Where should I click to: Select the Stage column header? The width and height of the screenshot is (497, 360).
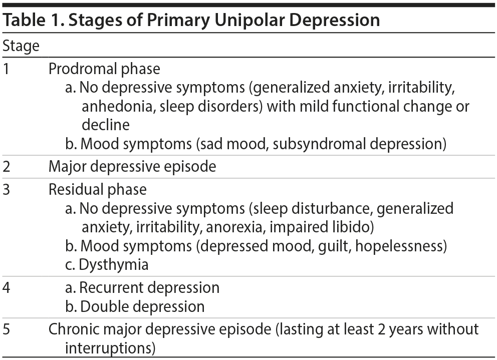point(21,47)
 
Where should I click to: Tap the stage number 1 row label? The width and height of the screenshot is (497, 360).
point(6,69)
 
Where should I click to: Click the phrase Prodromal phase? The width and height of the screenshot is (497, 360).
point(104,69)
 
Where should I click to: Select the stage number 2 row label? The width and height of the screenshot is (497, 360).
point(7,166)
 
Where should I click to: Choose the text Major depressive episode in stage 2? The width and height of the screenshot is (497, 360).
point(132,166)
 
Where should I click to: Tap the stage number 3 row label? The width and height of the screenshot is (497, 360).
point(7,190)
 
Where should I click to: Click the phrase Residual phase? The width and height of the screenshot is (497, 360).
point(98,190)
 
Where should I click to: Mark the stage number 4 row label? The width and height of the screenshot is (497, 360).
point(7,288)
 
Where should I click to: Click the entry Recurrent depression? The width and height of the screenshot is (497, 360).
point(149,288)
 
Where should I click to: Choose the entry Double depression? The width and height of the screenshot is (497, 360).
point(142,306)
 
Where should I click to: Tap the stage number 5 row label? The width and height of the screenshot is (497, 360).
point(7,329)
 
